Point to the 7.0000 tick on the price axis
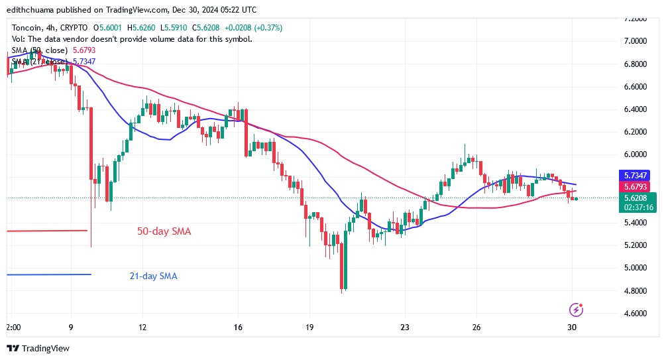[635, 41]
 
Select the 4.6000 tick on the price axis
[635, 313]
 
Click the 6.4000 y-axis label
[635, 109]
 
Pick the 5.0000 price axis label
[635, 268]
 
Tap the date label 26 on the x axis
[476, 328]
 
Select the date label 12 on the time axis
[142, 328]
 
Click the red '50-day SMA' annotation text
[164, 231]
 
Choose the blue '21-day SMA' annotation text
[153, 276]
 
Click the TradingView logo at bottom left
[38, 348]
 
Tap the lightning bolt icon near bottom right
[576, 310]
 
